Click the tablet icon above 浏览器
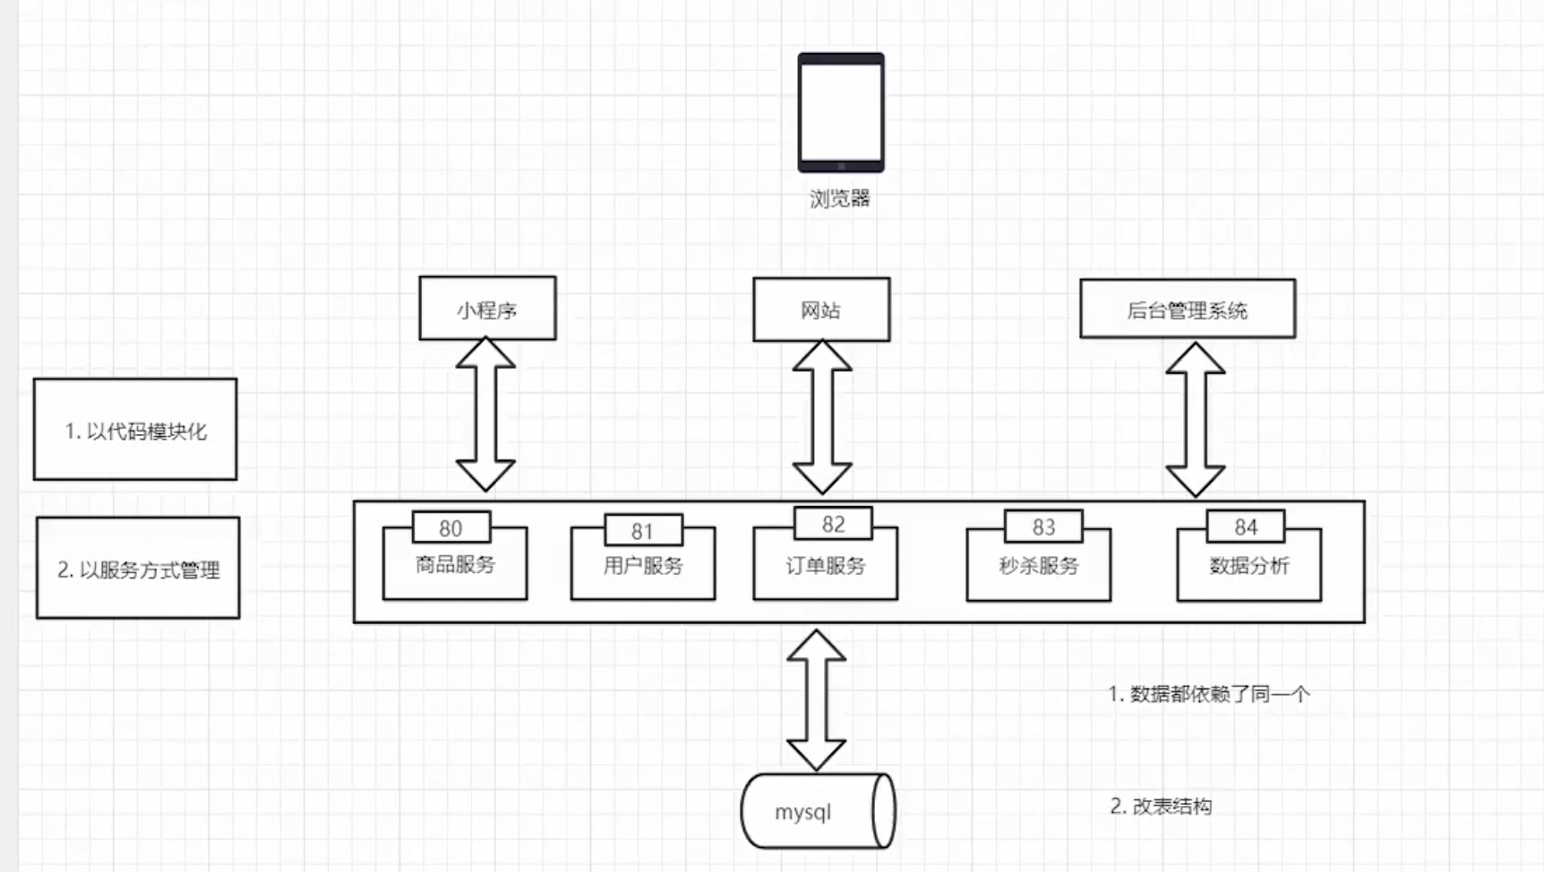[841, 112]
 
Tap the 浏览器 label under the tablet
[840, 199]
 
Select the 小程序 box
[487, 309]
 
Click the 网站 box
[821, 310]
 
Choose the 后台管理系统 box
[1187, 310]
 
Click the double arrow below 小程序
[485, 415]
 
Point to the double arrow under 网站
[822, 417]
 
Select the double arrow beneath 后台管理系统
[1195, 419]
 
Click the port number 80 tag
[451, 528]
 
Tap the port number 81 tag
[643, 531]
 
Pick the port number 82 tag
[833, 525]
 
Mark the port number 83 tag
[1043, 527]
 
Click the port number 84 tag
[1246, 527]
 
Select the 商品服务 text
[455, 565]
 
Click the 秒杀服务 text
[1039, 566]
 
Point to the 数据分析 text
[1248, 566]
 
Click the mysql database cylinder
[817, 811]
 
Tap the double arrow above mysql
[816, 699]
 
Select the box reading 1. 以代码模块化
[135, 430]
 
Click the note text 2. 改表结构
[1161, 807]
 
